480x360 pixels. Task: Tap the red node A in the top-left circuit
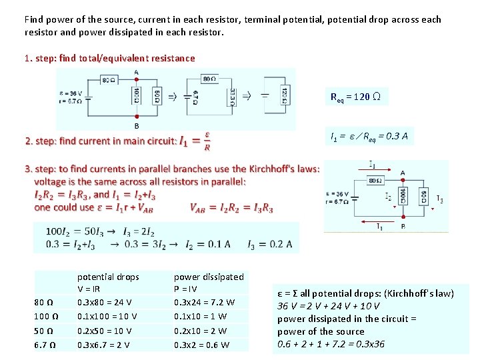(x=137, y=72)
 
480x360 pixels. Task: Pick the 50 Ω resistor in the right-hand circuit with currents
(x=424, y=197)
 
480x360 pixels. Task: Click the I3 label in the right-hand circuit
(x=439, y=199)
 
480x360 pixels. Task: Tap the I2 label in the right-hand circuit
(x=388, y=197)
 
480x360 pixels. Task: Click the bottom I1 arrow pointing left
(x=381, y=227)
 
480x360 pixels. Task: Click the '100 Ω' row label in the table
(x=47, y=316)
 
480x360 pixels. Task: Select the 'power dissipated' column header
(x=209, y=277)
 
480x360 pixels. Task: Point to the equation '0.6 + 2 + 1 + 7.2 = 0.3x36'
(x=331, y=344)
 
